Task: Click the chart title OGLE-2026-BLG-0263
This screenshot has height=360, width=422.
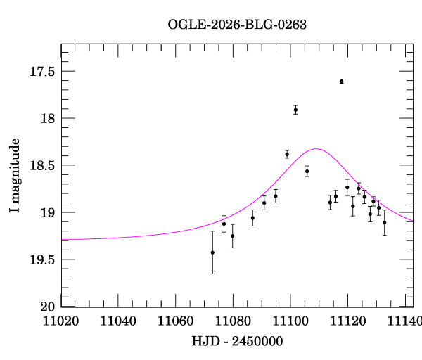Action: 237,24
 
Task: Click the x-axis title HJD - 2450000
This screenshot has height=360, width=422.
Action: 237,341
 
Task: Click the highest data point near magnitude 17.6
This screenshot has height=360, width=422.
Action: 341,82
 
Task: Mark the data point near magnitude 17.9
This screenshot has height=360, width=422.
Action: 295,110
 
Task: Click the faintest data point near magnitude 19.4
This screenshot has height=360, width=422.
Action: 212,252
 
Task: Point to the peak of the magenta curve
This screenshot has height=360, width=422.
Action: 316,149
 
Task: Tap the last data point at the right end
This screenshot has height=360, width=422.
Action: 384,222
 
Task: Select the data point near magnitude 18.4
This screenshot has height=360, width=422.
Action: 287,154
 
